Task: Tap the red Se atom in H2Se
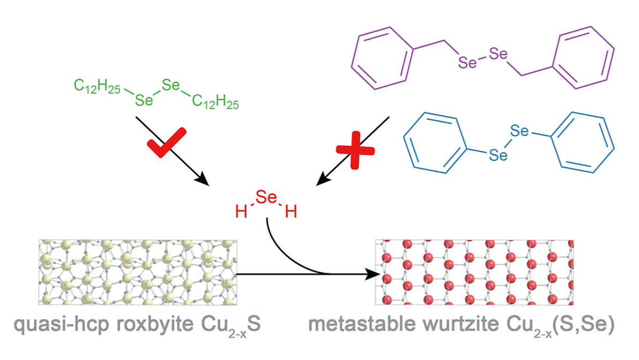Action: click(266, 198)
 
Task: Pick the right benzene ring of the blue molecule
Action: click(582, 142)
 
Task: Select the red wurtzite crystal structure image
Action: click(474, 273)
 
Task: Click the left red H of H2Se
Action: click(241, 213)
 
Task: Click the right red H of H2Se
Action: click(291, 213)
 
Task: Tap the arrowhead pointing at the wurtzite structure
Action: click(367, 275)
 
